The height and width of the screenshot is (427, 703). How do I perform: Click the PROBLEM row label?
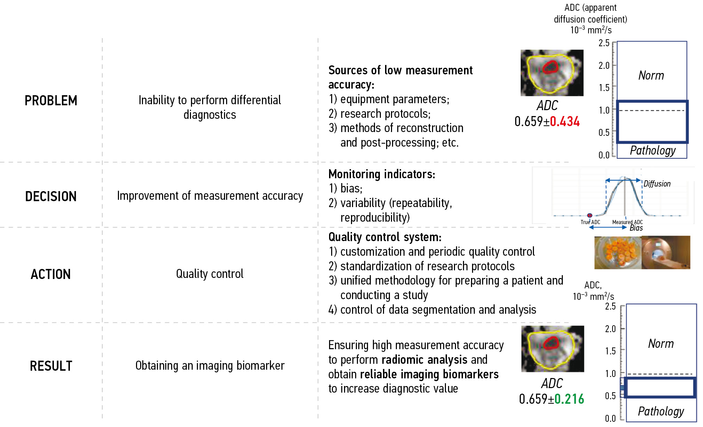click(51, 101)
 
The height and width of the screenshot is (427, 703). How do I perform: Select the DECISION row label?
click(51, 197)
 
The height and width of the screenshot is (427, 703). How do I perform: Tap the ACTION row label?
click(51, 274)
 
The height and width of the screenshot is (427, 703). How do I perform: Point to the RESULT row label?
click(51, 366)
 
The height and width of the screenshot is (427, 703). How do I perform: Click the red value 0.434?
click(565, 122)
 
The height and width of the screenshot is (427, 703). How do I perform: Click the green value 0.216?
click(569, 399)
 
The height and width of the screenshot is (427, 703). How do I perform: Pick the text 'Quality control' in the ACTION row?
click(209, 274)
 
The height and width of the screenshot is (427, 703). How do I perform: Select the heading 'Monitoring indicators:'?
click(382, 174)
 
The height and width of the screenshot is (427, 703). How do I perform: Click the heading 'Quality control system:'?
click(385, 237)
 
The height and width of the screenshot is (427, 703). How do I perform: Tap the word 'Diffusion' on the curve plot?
click(657, 184)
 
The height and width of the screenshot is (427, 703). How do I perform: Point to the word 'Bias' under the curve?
click(636, 228)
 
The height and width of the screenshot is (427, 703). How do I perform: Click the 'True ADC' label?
click(590, 222)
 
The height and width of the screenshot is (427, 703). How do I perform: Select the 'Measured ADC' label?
click(627, 222)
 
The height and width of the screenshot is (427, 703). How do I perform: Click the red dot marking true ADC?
click(590, 215)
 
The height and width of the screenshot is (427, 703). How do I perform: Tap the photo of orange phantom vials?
click(618, 253)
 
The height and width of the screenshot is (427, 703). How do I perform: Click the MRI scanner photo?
click(666, 253)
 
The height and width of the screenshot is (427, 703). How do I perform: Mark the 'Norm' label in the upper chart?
click(651, 75)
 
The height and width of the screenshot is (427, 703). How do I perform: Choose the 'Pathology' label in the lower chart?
click(661, 411)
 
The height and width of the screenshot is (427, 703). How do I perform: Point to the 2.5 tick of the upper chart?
click(604, 43)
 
